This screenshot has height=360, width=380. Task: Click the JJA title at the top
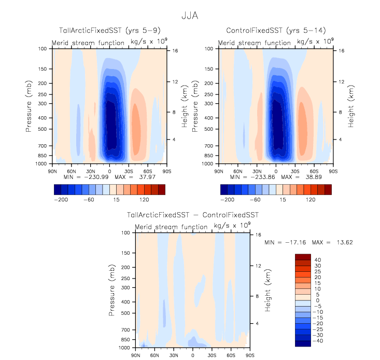[190, 16]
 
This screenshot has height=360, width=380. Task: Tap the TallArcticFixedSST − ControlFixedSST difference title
[192, 214]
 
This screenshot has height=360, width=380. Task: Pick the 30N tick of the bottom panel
[173, 355]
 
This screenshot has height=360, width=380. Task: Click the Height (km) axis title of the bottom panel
[268, 290]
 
